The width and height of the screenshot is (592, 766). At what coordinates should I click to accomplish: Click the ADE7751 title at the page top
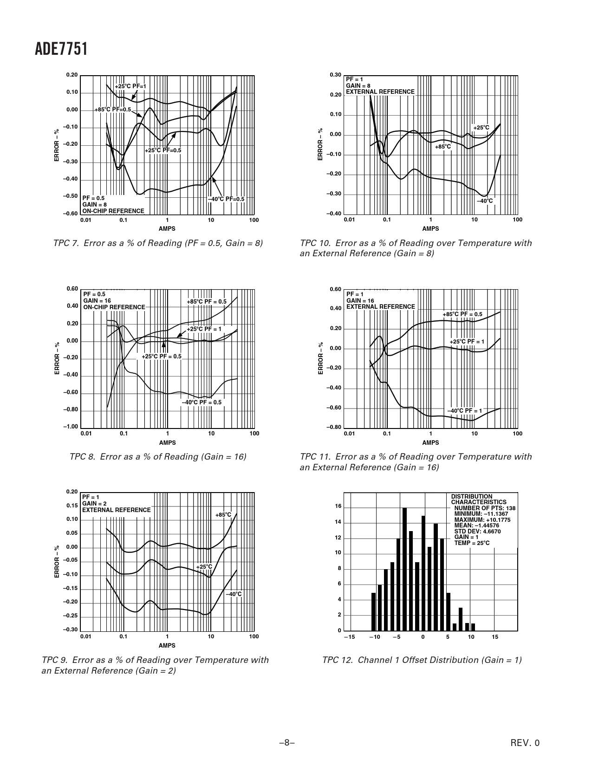tap(61, 49)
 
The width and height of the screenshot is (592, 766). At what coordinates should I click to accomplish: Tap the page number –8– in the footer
tap(287, 743)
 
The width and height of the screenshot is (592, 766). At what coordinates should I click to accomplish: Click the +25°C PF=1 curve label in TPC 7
tap(130, 86)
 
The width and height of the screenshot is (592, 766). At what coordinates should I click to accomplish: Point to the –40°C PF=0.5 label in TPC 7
tap(226, 199)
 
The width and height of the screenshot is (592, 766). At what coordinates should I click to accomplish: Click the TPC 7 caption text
tap(158, 243)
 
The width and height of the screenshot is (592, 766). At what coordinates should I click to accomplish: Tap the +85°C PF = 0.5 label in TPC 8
tap(207, 302)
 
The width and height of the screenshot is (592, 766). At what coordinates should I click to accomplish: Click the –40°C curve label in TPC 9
tap(234, 594)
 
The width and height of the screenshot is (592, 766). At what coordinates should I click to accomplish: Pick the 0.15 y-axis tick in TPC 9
tap(72, 506)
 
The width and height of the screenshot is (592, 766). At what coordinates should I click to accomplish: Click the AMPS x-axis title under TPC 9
tap(167, 645)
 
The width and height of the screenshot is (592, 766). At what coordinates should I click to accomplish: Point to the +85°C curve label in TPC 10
tap(443, 147)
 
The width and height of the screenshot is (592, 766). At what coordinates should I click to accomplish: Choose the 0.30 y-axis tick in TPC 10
tap(335, 75)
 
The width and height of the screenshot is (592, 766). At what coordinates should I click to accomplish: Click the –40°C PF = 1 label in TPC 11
tap(465, 411)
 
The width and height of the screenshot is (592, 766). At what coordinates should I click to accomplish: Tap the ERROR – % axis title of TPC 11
tap(320, 358)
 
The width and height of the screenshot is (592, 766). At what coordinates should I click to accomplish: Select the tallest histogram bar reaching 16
tap(404, 569)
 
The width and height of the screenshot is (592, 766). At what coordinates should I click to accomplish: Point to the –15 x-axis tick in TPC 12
tap(349, 637)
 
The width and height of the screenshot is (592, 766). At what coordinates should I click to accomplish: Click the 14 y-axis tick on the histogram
tap(338, 522)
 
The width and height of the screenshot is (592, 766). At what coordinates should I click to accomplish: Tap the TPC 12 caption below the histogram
tap(422, 660)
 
